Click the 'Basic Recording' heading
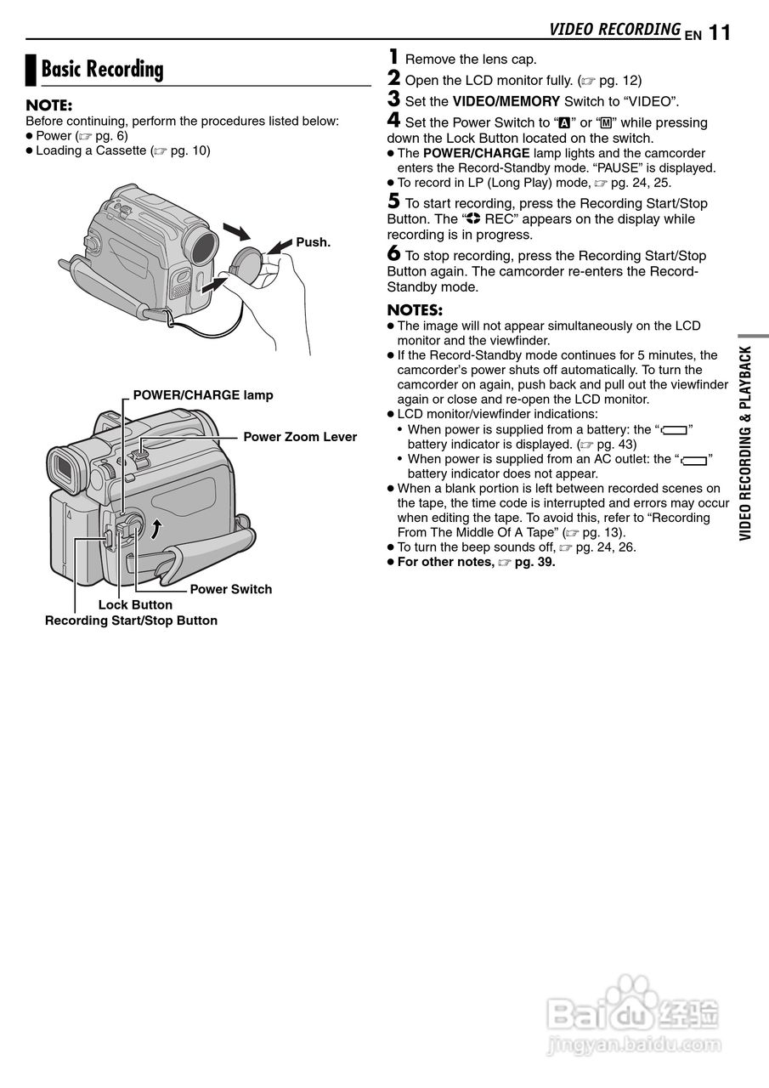[102, 70]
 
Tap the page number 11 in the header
[719, 33]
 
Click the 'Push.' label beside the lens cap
[313, 242]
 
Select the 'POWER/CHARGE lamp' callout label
[203, 395]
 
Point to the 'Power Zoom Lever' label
[300, 437]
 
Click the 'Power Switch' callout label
[230, 589]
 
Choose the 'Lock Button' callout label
[135, 605]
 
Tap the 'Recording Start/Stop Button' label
[131, 620]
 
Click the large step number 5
[393, 201]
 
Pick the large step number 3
[393, 99]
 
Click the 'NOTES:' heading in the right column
[415, 310]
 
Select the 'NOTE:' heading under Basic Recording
[49, 105]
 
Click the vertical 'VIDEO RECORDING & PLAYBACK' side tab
[745, 442]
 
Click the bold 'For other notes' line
[476, 562]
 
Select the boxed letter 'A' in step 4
[563, 123]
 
